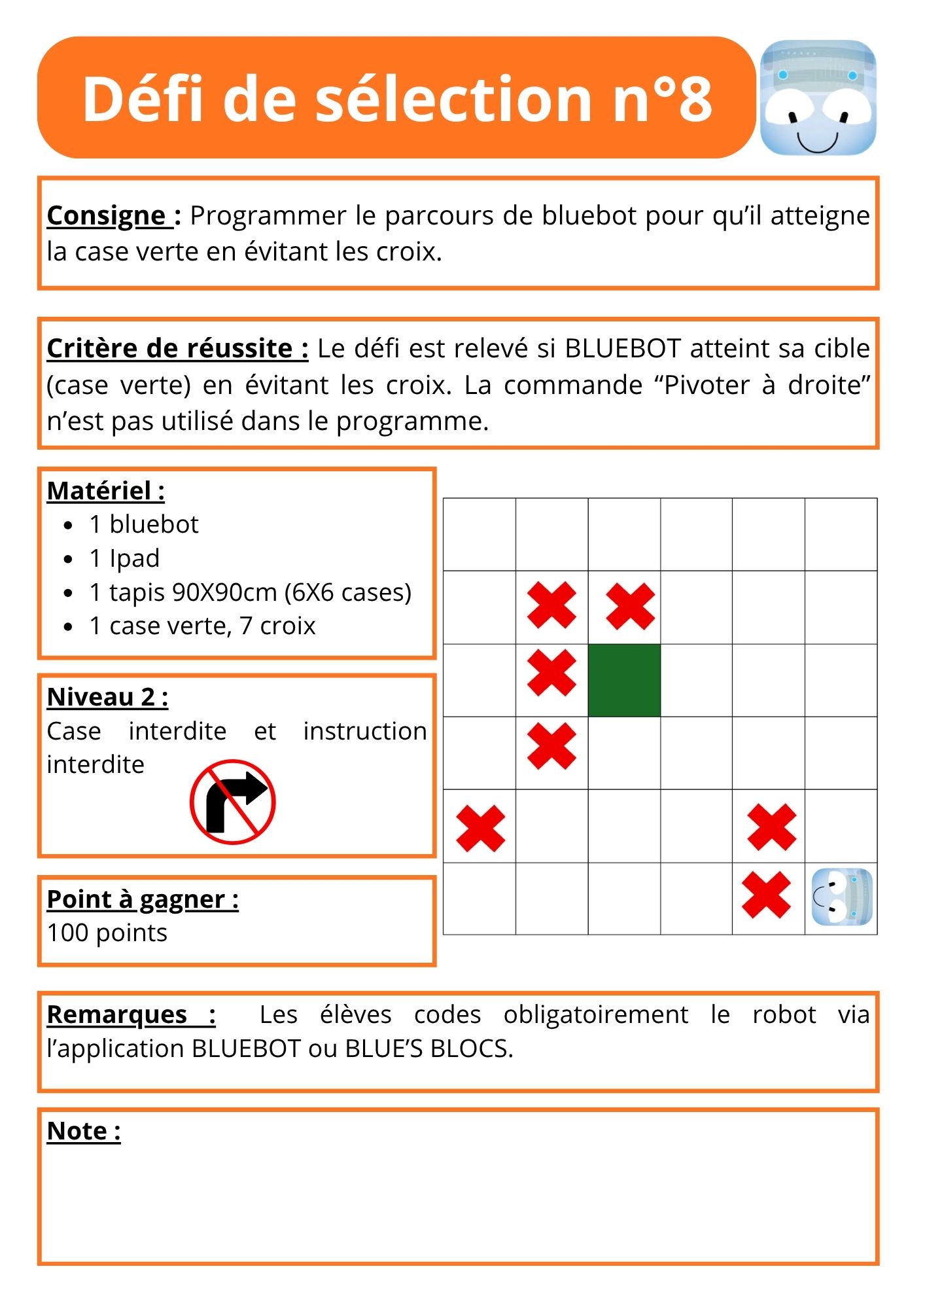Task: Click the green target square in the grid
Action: coord(624,680)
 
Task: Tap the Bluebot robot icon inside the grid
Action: coord(842,897)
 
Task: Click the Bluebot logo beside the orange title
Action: coord(818,98)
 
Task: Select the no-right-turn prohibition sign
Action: coord(232,802)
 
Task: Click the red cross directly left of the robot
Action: coord(766,895)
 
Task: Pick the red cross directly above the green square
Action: coord(630,606)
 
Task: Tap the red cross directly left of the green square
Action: coord(551,672)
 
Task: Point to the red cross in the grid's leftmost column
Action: coord(480,828)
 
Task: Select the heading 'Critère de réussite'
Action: coord(177,348)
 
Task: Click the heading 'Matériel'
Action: coord(105,490)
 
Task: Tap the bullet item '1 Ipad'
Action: coord(124,558)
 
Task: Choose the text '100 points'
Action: coord(107,933)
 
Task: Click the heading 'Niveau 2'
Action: coord(107,697)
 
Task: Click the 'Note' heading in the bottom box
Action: coord(84,1131)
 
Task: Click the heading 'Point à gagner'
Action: coord(143,899)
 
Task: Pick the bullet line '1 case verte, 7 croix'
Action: coord(202,626)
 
